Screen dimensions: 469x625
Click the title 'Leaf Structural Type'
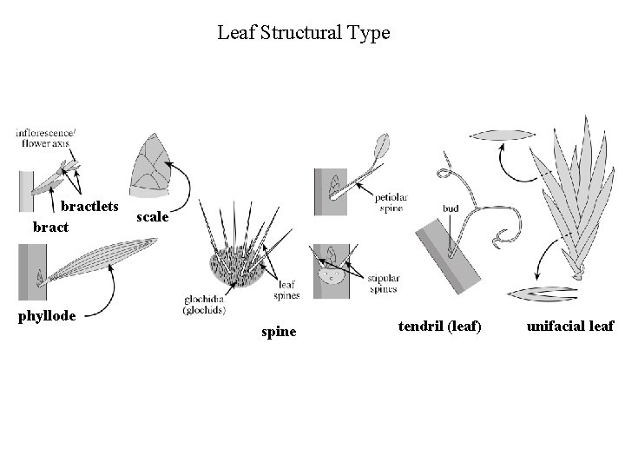point(304,34)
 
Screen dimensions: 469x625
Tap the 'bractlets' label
point(89,206)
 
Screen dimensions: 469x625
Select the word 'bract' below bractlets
point(50,228)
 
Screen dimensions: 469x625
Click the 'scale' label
point(153,216)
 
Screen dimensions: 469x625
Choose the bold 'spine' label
point(279,332)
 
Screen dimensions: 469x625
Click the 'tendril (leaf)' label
point(439,327)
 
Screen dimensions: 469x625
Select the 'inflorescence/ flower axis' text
point(45,137)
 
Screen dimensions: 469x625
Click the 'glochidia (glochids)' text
point(206,305)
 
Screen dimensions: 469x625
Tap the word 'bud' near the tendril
point(450,209)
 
